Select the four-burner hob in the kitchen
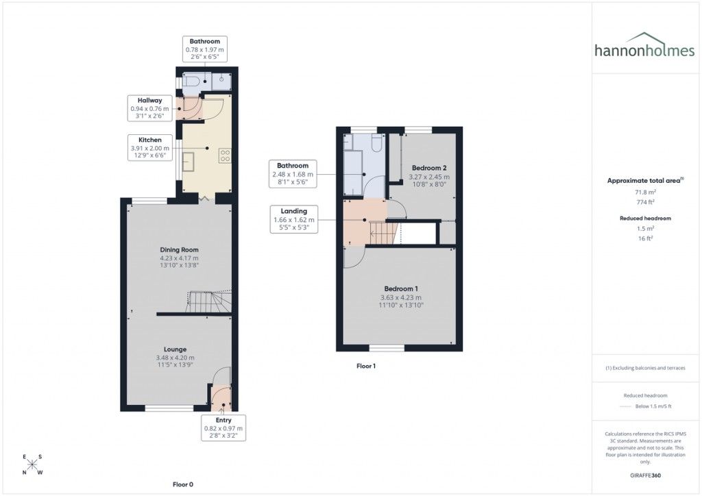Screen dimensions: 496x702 (x=224, y=155)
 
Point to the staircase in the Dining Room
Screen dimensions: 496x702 (x=210, y=301)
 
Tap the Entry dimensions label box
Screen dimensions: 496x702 (x=223, y=427)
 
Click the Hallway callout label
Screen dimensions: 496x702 (x=149, y=108)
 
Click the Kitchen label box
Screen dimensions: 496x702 (x=149, y=148)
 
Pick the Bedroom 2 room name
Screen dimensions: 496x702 (x=428, y=168)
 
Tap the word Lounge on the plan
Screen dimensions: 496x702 (x=175, y=349)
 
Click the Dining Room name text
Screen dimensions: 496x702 (x=179, y=250)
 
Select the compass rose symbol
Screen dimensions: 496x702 (x=33, y=464)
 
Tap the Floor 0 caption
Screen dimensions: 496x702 (x=182, y=484)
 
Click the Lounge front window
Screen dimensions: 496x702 (x=169, y=408)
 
